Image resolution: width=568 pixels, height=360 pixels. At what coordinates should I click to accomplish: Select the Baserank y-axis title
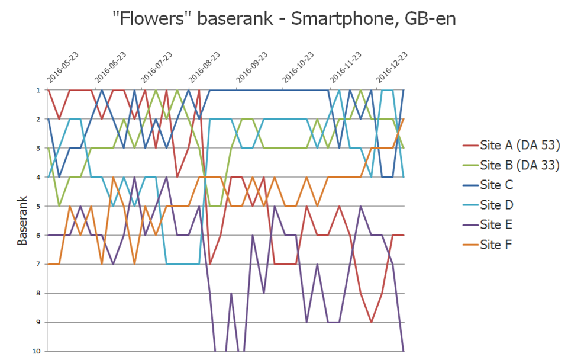click(x=22, y=220)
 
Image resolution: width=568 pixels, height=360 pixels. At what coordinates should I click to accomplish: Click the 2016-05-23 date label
click(x=63, y=67)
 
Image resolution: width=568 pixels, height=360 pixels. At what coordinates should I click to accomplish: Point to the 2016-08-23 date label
click(x=204, y=67)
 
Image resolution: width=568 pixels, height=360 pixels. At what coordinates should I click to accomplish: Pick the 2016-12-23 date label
click(x=392, y=67)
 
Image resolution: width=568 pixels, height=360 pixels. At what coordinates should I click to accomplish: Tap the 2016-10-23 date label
click(x=298, y=67)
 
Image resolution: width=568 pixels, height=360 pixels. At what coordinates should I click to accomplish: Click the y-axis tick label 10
click(x=36, y=351)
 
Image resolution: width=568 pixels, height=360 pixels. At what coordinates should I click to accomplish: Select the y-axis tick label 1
click(x=38, y=90)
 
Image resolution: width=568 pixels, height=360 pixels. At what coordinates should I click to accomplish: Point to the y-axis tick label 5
click(x=38, y=206)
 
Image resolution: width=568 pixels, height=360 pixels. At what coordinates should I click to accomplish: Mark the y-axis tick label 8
click(x=38, y=293)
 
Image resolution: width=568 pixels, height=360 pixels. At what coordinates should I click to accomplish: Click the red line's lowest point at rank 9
click(x=371, y=322)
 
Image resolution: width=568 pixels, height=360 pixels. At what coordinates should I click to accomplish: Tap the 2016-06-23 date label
click(x=110, y=67)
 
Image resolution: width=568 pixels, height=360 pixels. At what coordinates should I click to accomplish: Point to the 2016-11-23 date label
click(x=345, y=67)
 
